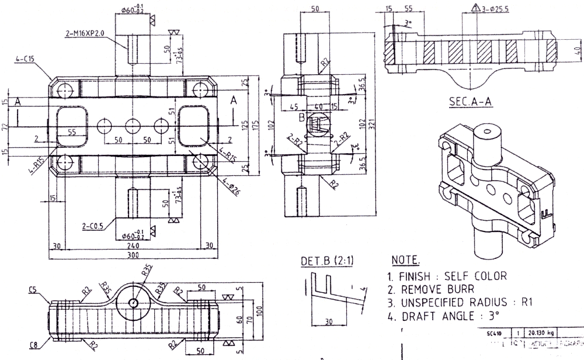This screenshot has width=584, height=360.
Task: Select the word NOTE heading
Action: coord(404,259)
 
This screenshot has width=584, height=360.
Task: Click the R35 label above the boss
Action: coord(146,270)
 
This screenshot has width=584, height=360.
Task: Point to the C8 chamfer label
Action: coord(35,345)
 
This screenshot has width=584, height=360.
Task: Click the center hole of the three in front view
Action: coord(133,126)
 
